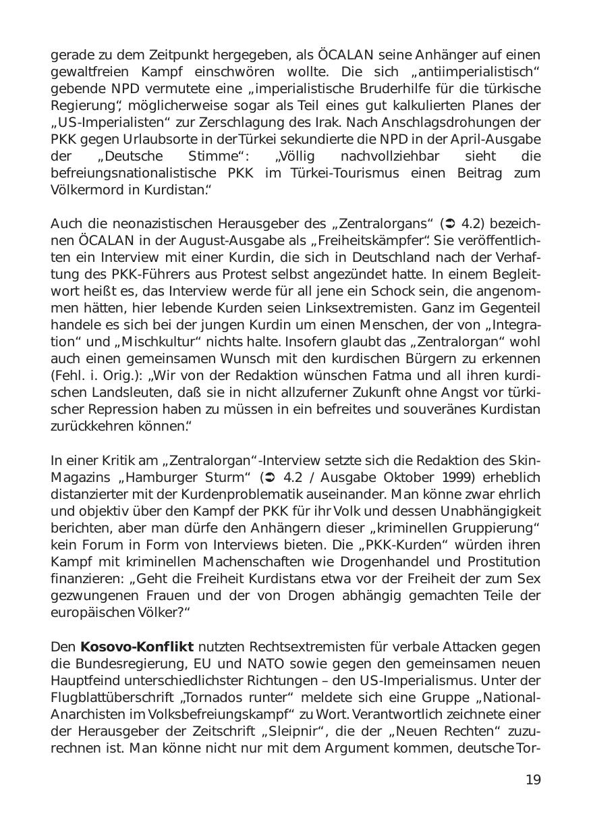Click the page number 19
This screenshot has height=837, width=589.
533,780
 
